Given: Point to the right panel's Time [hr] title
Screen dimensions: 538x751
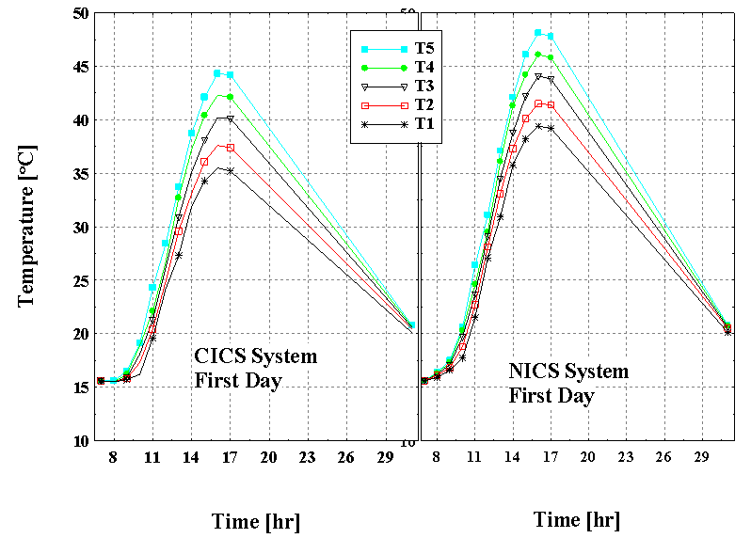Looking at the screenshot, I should point(576,519).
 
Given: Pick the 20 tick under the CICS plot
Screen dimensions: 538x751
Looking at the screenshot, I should point(268,457).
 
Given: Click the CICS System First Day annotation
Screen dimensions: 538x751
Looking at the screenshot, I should point(255,369).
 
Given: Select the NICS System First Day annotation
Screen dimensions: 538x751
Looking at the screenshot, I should point(568,383).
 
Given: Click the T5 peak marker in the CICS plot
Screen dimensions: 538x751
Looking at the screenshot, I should point(216,72).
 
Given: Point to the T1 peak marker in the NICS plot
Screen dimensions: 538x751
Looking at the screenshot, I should point(538,126).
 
